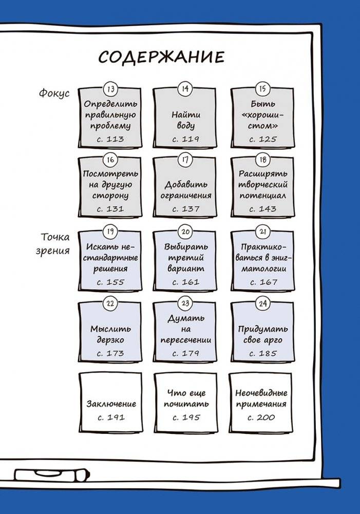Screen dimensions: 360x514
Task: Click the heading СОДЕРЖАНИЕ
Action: [x=161, y=58]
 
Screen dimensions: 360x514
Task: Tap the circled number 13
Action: [x=111, y=89]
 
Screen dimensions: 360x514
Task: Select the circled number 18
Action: [x=263, y=160]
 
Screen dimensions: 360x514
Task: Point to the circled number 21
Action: [x=263, y=232]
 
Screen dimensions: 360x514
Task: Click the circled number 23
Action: [x=185, y=303]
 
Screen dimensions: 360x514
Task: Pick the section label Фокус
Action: [x=54, y=93]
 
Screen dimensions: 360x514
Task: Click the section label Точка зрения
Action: [x=53, y=243]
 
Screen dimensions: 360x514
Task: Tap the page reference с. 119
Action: [x=185, y=139]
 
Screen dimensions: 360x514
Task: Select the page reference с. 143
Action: [x=262, y=209]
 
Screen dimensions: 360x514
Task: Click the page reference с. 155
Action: [x=110, y=282]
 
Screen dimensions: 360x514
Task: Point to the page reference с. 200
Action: [x=261, y=417]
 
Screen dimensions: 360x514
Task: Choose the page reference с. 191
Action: [x=111, y=417]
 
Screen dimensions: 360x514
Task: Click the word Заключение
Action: [x=111, y=404]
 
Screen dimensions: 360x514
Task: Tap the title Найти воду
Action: [x=185, y=120]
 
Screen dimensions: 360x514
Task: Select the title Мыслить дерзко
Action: [x=110, y=334]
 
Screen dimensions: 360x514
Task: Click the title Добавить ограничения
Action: [x=186, y=190]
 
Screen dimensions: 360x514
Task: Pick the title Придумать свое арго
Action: [x=263, y=334]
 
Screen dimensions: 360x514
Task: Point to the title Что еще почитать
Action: [x=186, y=398]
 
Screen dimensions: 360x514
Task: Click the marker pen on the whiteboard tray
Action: [x=51, y=475]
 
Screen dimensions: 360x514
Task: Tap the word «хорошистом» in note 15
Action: [x=262, y=120]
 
